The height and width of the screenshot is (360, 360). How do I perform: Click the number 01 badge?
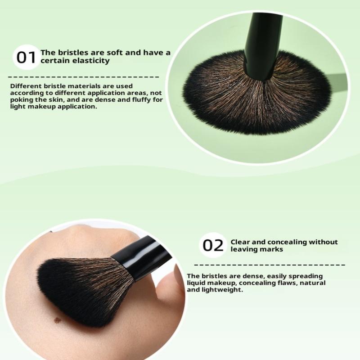[26, 57]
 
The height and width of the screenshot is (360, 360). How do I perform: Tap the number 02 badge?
[212, 245]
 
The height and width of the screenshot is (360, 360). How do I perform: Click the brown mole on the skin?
[58, 319]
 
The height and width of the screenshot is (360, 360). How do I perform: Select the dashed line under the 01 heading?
[84, 77]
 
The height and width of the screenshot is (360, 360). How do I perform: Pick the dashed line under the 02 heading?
[270, 265]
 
